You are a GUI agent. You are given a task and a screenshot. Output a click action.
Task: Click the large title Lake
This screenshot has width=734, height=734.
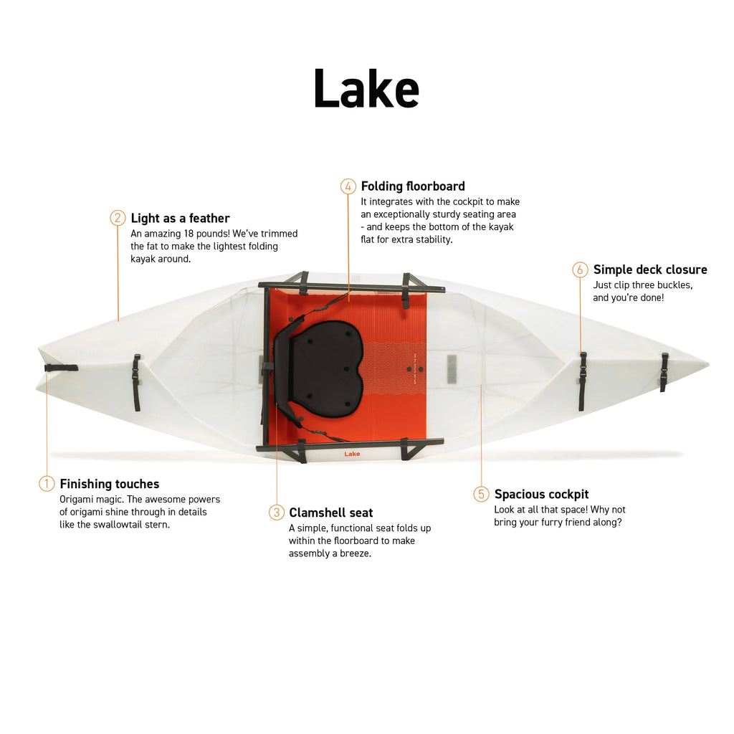[366, 89]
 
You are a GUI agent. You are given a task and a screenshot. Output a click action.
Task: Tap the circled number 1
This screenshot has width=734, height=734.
[47, 484]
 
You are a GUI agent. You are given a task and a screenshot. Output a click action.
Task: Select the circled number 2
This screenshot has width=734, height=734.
[118, 218]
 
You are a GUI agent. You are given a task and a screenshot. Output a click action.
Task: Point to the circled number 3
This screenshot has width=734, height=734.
[277, 513]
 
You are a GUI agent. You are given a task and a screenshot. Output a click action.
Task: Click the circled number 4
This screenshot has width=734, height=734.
[348, 186]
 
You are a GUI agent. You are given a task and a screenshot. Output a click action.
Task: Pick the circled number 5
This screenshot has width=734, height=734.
[482, 494]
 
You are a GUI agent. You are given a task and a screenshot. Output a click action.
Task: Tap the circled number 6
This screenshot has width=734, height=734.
[580, 270]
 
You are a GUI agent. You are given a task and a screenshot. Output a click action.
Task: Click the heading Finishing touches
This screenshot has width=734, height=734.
[110, 484]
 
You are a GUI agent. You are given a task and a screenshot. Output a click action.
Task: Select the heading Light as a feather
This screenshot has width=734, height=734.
[180, 218]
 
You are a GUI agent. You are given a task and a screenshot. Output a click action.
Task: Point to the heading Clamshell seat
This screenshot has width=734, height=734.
[331, 513]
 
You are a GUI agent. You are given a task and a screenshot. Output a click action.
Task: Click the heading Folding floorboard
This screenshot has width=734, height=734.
[413, 186]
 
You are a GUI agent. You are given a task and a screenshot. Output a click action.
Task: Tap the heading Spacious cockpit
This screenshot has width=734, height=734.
[541, 494]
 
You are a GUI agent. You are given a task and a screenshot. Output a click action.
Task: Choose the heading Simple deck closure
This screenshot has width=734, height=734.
[650, 270]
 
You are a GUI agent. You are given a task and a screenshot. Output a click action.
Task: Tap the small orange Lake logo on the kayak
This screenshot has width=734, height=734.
[352, 454]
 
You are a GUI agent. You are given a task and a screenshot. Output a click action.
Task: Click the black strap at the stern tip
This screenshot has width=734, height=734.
[62, 368]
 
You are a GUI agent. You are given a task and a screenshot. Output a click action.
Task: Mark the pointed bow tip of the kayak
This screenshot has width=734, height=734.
[707, 365]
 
